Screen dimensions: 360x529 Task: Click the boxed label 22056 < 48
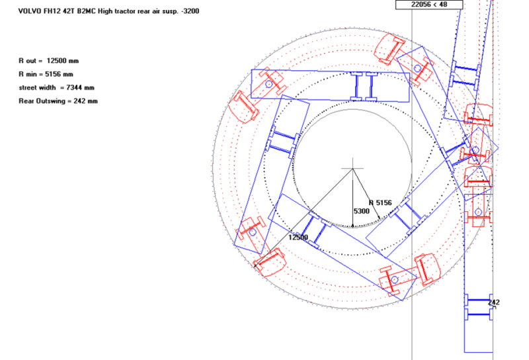(x=429, y=4)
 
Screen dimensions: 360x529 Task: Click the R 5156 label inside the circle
(x=381, y=202)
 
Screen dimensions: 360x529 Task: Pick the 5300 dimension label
(x=362, y=211)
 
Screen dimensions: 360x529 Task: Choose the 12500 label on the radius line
(x=299, y=237)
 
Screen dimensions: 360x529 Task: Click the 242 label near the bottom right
(x=493, y=302)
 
